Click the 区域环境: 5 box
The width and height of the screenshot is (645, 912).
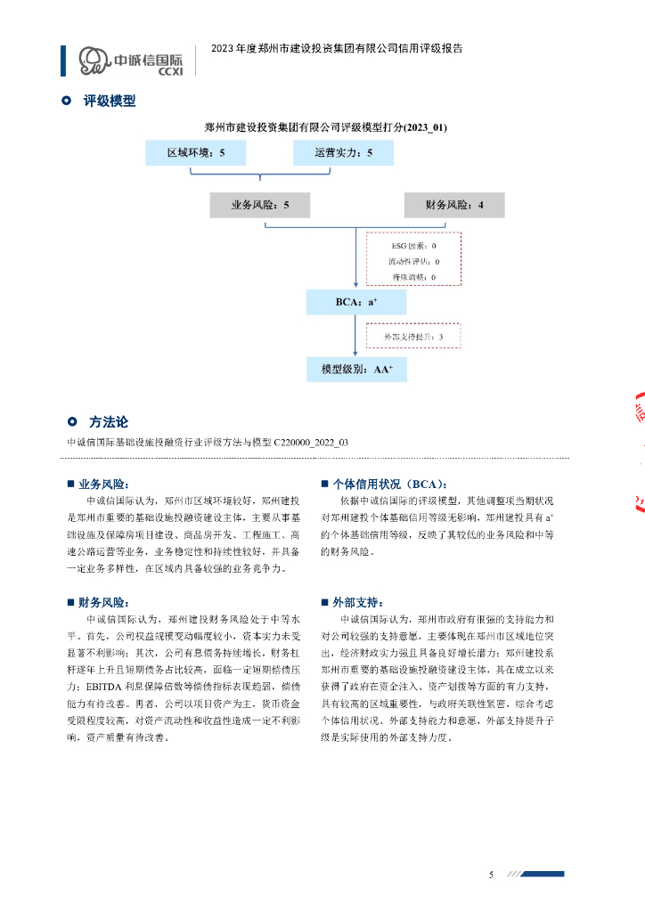196,153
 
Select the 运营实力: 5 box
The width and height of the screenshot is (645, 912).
343,153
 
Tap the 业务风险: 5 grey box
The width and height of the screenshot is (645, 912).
259,205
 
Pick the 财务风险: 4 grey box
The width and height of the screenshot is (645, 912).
454,205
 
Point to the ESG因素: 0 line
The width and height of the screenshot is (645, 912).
412,245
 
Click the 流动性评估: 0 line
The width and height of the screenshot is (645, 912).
412,261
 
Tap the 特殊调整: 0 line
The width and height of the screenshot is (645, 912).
412,277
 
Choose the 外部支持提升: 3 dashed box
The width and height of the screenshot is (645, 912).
413,336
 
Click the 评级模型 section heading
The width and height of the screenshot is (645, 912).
109,102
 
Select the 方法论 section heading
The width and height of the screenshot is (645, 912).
109,422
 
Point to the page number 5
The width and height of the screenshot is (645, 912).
491,874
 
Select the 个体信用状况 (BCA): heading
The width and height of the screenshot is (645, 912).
388,484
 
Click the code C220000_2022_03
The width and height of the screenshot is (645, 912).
311,442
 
